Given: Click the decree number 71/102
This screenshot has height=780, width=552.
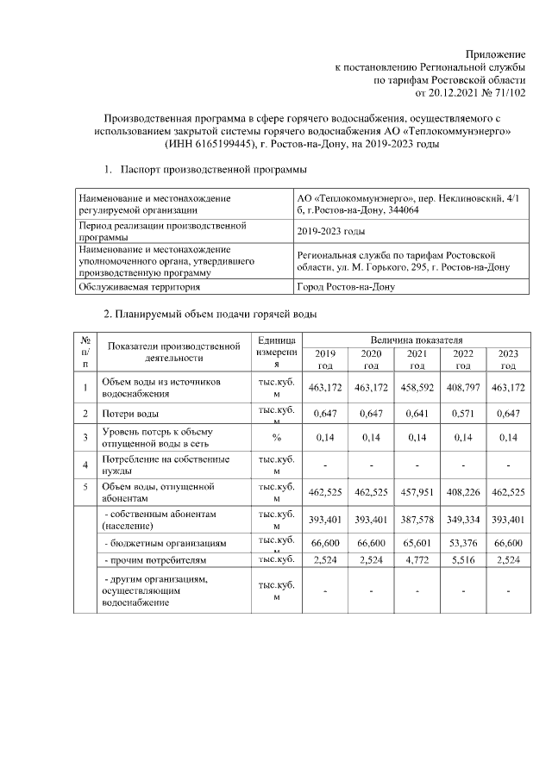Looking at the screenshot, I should [x=505, y=91].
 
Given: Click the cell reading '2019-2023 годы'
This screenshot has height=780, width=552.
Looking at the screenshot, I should [x=330, y=231].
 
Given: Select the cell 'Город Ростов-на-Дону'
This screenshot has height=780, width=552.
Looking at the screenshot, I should [x=346, y=287].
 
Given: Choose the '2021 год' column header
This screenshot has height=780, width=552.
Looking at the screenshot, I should [x=417, y=359].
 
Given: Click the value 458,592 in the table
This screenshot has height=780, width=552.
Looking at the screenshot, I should [x=417, y=388].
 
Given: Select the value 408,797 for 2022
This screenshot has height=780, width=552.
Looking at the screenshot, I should [x=463, y=388].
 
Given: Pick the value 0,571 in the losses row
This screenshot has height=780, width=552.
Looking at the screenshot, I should [x=463, y=414].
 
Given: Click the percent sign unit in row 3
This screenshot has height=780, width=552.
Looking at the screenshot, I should [x=277, y=437].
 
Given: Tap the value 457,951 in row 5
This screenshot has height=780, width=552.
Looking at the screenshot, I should [x=417, y=492].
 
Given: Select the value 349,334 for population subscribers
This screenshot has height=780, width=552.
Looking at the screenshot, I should [x=463, y=520].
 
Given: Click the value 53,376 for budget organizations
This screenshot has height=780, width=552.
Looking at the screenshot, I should [x=463, y=544].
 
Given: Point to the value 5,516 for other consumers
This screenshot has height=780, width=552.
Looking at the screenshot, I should [x=463, y=560].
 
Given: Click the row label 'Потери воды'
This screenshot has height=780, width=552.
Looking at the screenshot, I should [x=129, y=415].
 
